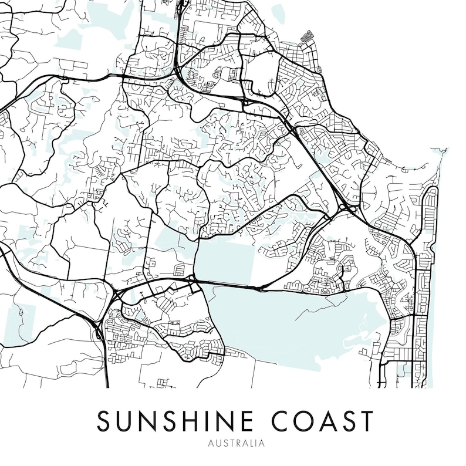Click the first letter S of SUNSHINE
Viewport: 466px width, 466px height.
tap(104, 421)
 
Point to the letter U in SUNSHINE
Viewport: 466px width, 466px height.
tap(123, 421)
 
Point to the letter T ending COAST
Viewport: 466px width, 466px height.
tap(366, 421)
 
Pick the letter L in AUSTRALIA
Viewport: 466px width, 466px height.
tap(251, 444)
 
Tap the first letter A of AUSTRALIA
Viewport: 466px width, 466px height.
tap(211, 444)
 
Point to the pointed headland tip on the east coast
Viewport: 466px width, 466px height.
tap(444, 150)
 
